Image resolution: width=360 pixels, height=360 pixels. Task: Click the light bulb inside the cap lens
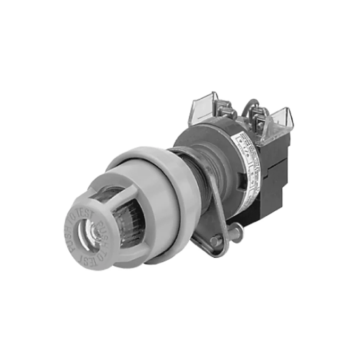point(95,231)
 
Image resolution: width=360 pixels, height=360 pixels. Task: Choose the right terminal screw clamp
point(260,119)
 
